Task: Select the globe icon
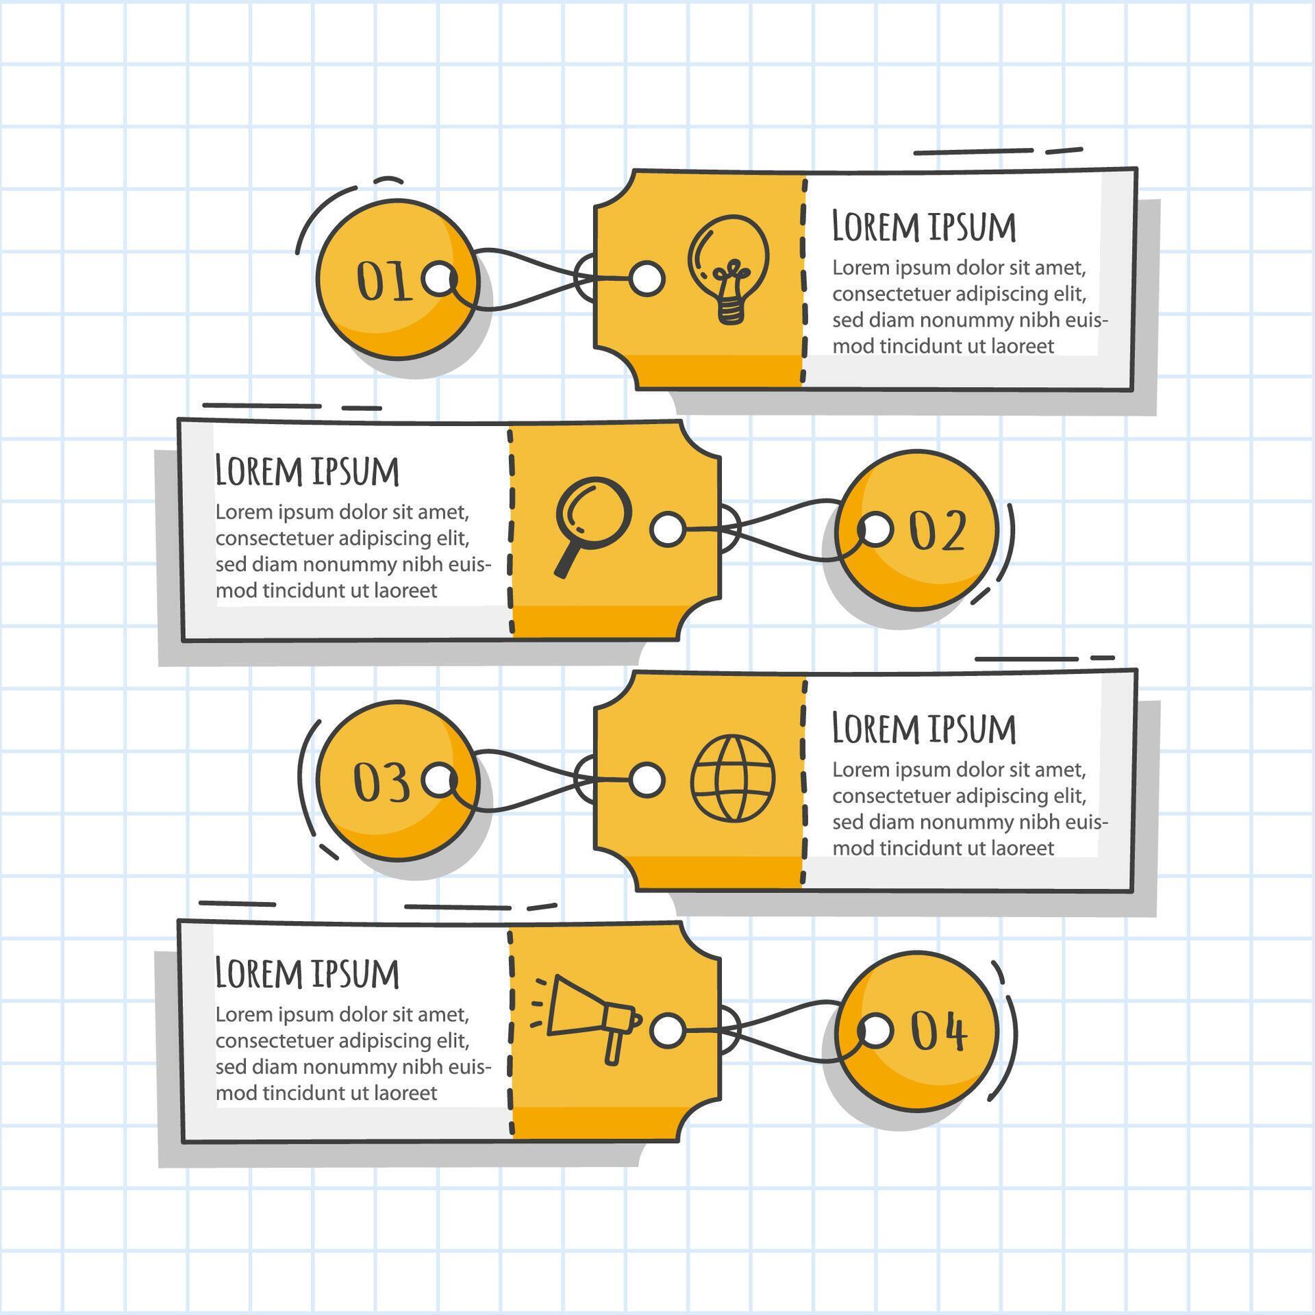click(733, 778)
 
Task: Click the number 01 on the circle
click(384, 281)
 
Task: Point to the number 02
click(937, 531)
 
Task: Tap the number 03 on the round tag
click(381, 782)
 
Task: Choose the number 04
click(938, 1031)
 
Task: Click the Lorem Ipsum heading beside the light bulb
click(923, 227)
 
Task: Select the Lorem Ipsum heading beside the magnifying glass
click(307, 471)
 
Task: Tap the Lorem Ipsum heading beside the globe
click(923, 728)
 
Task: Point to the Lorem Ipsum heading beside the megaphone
click(307, 973)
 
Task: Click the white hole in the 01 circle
click(440, 279)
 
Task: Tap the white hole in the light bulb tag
click(647, 278)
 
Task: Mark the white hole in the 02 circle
click(876, 530)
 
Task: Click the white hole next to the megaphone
click(667, 1031)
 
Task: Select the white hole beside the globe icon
click(647, 780)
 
